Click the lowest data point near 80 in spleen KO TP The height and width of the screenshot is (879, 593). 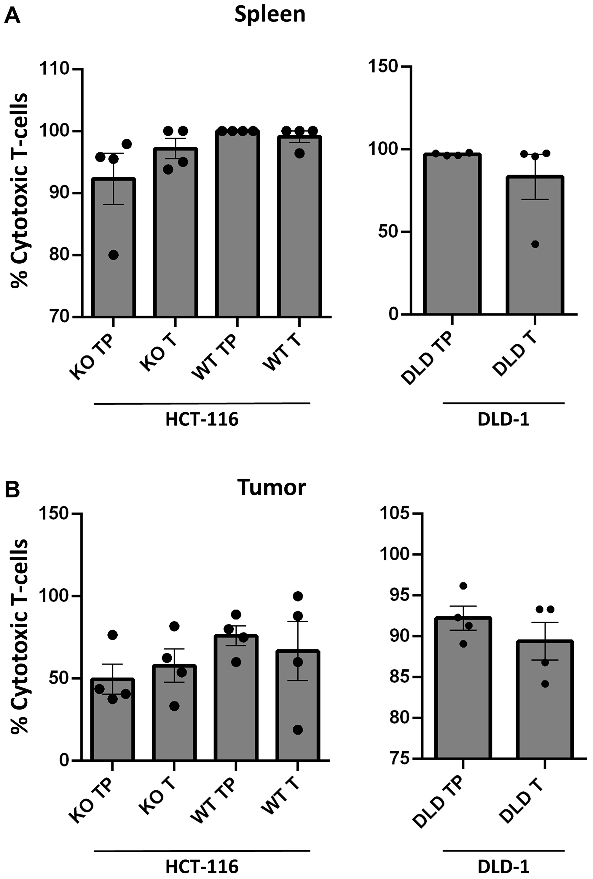114,255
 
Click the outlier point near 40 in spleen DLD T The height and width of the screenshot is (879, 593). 535,244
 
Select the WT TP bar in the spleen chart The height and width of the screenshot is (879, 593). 237,227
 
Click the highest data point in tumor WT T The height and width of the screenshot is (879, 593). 298,596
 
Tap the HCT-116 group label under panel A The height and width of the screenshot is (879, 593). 202,420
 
